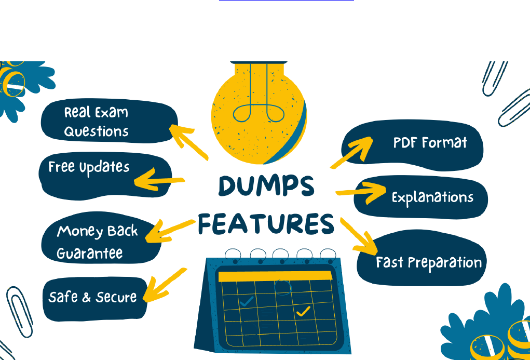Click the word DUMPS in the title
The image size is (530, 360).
[x=266, y=186]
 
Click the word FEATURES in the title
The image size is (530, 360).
[x=266, y=224]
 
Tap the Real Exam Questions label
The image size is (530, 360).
[x=97, y=122]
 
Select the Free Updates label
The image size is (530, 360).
[x=89, y=167]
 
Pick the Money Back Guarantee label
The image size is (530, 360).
[x=97, y=242]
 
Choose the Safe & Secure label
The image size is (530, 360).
[x=92, y=297]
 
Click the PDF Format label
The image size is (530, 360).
[x=430, y=143]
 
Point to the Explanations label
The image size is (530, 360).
[x=432, y=197]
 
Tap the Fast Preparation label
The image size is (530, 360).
[x=429, y=262]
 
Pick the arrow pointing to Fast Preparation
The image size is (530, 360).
[x=358, y=234]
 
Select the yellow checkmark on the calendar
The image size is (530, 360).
[x=302, y=311]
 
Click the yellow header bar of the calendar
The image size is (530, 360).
[x=274, y=276]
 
